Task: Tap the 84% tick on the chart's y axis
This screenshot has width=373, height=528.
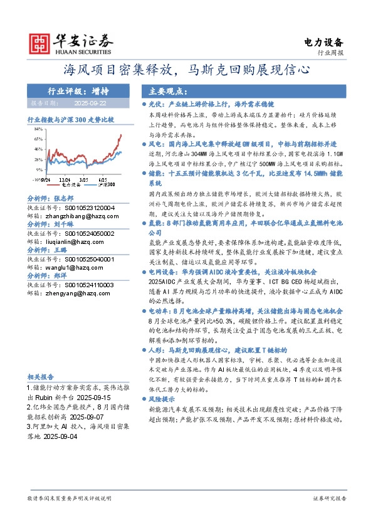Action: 38,129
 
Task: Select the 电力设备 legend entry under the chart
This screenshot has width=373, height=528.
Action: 71,185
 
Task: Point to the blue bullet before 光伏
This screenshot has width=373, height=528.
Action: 145,102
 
